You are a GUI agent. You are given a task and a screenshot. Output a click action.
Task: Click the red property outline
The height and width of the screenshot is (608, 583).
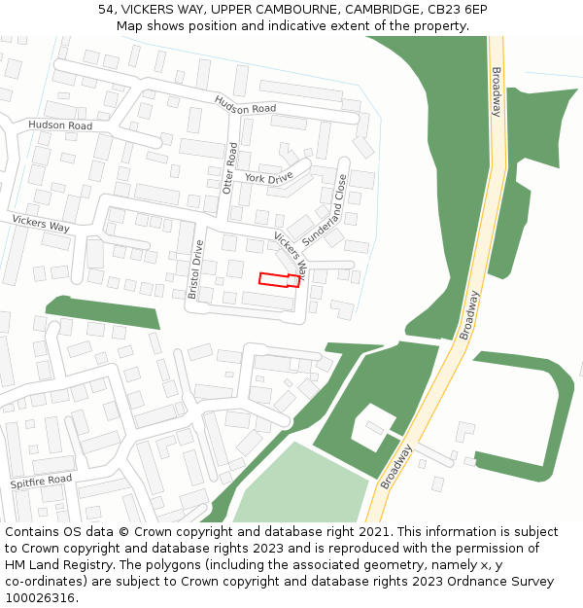(x=278, y=280)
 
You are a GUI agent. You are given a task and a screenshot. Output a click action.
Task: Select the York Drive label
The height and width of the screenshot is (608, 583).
(x=268, y=178)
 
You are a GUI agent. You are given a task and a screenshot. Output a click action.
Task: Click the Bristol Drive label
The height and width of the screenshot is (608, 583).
(x=195, y=269)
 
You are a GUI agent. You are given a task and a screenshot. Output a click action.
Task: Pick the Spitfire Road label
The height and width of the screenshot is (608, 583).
(x=41, y=481)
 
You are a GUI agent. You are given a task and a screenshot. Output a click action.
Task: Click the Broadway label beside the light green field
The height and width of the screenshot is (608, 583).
(x=396, y=466)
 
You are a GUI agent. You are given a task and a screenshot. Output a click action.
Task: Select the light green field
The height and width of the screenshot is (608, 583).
(x=297, y=486)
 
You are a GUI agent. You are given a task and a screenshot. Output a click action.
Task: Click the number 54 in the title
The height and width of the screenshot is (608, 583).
(x=107, y=10)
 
